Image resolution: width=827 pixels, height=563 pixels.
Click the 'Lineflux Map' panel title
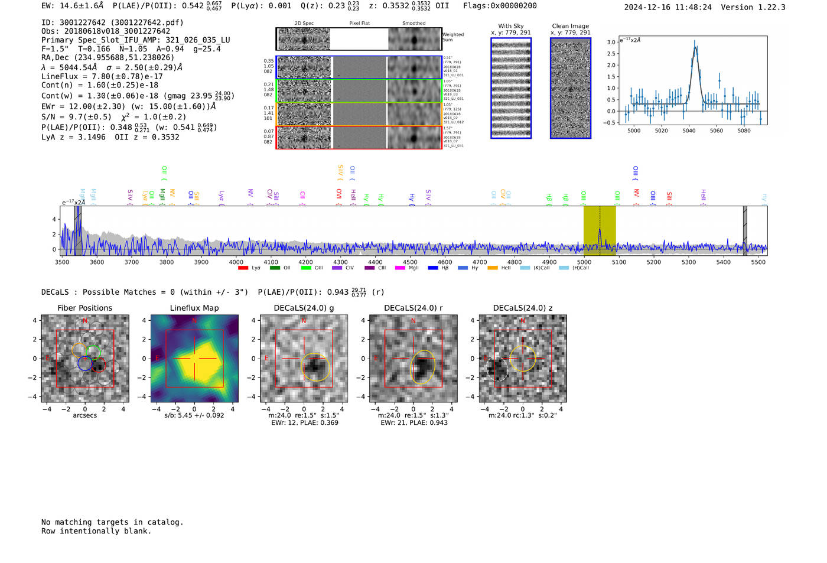(x=194, y=308)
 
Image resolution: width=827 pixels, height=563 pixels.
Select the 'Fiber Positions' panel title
(x=84, y=308)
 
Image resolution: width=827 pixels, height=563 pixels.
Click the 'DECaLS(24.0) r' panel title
(x=413, y=308)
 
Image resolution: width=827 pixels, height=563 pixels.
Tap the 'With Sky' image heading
(x=510, y=26)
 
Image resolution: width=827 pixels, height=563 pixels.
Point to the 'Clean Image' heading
(x=570, y=26)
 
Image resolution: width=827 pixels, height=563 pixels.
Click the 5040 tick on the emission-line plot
(x=689, y=131)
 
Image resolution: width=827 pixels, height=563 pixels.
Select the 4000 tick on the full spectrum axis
(x=236, y=262)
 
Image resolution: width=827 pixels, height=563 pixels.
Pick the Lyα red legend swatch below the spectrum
(x=243, y=268)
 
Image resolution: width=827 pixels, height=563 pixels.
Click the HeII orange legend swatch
(x=493, y=268)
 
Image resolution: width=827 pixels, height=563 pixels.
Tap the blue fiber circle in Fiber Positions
(x=84, y=363)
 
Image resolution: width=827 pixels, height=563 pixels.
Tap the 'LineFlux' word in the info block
(x=60, y=76)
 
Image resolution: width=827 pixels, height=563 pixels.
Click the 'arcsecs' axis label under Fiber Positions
(x=84, y=415)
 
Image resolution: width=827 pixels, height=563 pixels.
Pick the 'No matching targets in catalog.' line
(x=112, y=522)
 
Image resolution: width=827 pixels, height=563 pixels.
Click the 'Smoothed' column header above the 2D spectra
(x=413, y=24)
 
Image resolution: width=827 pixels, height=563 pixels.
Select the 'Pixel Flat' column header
(x=359, y=24)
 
